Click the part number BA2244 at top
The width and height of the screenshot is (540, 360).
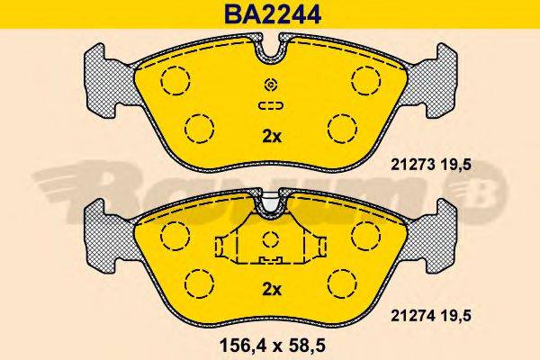(x=269, y=14)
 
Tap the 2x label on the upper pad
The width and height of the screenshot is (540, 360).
(x=271, y=137)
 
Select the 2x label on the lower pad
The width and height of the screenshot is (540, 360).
(x=271, y=289)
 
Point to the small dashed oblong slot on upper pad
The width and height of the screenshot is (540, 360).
(x=270, y=105)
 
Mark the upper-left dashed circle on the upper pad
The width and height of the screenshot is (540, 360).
(x=174, y=80)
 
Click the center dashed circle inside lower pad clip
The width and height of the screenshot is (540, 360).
(x=270, y=240)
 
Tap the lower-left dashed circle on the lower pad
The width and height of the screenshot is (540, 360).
(x=199, y=282)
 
